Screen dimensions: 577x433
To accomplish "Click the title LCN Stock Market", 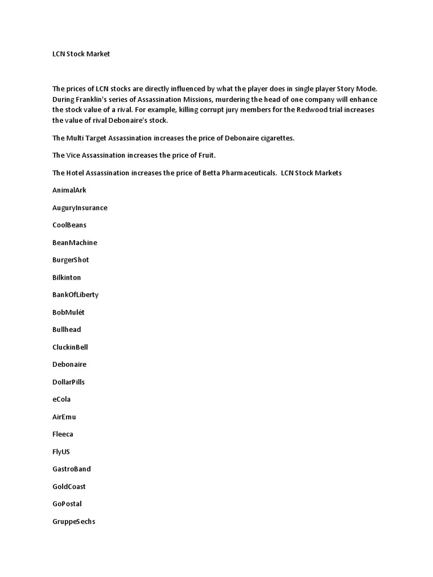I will pos(81,54).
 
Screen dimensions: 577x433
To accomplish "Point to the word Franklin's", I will pos(94,99).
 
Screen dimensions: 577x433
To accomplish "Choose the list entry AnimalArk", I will pos(69,190).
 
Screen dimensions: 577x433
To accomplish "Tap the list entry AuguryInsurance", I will pos(79,208).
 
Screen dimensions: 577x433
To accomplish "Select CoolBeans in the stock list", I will pos(69,225).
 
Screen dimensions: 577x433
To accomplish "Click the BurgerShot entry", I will pos(70,260).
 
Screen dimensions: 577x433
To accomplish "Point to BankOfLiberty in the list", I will pos(75,295).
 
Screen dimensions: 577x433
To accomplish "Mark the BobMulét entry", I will pos(68,312).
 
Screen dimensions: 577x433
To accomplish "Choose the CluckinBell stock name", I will pos(70,347).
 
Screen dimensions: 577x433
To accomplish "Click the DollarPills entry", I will pos(68,382).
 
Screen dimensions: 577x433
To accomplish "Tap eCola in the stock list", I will pos(61,400).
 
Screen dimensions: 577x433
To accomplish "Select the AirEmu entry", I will pos(64,417).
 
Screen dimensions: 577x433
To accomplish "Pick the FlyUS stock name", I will pos(61,452).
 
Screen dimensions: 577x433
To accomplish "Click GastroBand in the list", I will pos(71,469).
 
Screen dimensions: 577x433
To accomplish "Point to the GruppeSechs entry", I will pos(73,522).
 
